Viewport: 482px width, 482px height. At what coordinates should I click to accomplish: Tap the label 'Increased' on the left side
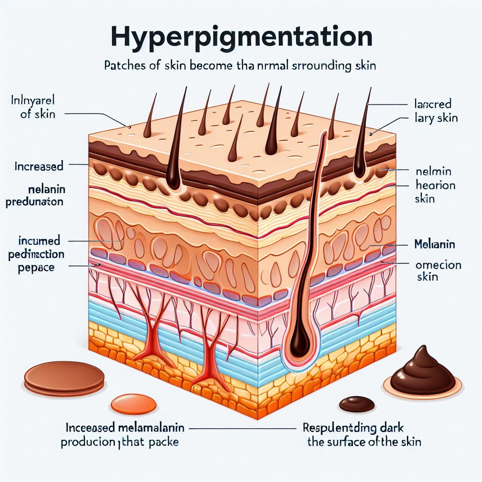[x=39, y=166]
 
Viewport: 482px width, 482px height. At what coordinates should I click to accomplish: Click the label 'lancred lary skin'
[x=433, y=110]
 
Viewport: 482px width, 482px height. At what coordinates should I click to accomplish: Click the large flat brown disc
[x=64, y=378]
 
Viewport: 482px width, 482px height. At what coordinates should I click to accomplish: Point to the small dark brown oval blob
[x=357, y=403]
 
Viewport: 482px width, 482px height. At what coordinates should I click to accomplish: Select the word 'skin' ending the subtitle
[x=365, y=65]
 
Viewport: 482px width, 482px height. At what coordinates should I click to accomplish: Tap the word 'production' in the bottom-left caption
[x=89, y=442]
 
